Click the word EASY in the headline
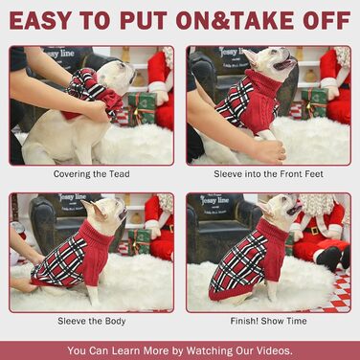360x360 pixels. click(x=40, y=21)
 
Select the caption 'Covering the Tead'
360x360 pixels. click(x=92, y=174)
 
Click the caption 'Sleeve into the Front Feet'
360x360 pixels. click(x=268, y=174)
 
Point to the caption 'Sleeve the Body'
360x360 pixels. click(x=92, y=321)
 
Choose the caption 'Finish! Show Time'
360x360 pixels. click(x=268, y=321)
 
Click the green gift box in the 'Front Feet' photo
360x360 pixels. click(x=314, y=103)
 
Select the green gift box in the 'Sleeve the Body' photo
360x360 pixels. click(x=140, y=241)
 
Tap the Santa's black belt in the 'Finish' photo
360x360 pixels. click(x=312, y=230)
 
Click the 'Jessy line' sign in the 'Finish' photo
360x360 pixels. click(x=214, y=200)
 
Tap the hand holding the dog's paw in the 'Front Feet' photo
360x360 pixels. click(x=269, y=151)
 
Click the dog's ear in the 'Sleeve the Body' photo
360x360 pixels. click(x=94, y=209)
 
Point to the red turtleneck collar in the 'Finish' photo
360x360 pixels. click(x=272, y=231)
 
